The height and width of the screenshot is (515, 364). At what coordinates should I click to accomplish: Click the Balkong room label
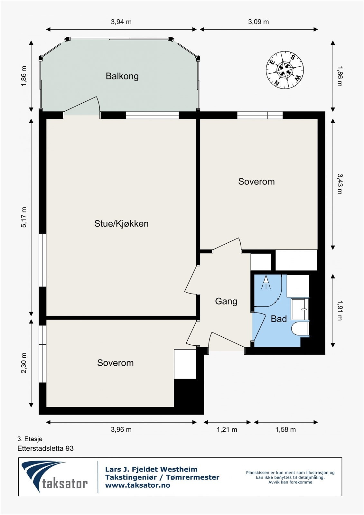[x=122, y=76]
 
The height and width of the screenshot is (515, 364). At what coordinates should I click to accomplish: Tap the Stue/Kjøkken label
[x=121, y=224]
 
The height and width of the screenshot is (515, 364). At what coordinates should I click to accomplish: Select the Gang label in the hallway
[x=226, y=301]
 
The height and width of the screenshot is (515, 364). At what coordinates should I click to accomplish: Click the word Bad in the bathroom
[x=279, y=319]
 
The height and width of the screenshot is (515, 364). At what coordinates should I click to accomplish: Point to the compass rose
[x=285, y=70]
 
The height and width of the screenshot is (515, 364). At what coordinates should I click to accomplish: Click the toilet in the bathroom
[x=300, y=329]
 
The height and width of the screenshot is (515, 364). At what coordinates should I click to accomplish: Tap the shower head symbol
[x=266, y=282]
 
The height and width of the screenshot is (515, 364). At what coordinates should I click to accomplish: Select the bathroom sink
[x=300, y=309]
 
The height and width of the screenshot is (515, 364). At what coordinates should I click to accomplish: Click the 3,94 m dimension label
[x=121, y=22]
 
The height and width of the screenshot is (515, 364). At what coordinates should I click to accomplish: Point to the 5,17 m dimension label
[x=24, y=217]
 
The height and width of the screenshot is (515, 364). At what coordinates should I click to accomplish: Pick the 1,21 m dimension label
[x=227, y=429]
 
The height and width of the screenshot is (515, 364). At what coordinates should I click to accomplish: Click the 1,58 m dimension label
[x=285, y=429]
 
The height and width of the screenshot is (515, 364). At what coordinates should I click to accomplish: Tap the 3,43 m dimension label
[x=340, y=184]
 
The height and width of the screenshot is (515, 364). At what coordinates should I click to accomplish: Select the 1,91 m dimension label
[x=340, y=310]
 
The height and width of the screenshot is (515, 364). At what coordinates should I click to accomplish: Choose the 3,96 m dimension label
[x=121, y=429]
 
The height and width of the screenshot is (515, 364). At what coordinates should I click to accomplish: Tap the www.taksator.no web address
[x=137, y=485]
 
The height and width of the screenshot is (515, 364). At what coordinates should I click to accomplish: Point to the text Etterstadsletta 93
[x=45, y=448]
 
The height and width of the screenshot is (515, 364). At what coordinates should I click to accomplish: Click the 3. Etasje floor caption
[x=30, y=439]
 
